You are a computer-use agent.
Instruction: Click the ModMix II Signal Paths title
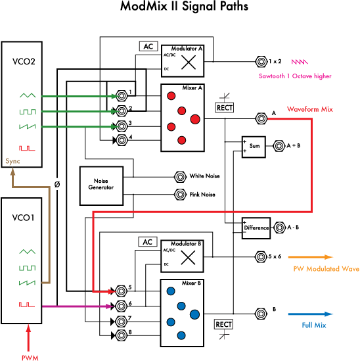tap(185, 8)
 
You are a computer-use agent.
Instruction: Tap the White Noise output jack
tap(179, 176)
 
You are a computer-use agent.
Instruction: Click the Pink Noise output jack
tap(179, 194)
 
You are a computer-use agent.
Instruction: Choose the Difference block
tap(256, 228)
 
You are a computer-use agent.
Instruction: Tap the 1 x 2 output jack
tap(260, 62)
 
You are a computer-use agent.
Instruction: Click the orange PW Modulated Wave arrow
tap(311, 258)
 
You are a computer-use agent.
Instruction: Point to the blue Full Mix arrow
tap(311, 314)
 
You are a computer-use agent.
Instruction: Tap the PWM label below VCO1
tap(30, 358)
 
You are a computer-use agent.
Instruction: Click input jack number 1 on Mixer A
tap(122, 95)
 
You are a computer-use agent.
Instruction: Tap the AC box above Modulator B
tap(148, 241)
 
